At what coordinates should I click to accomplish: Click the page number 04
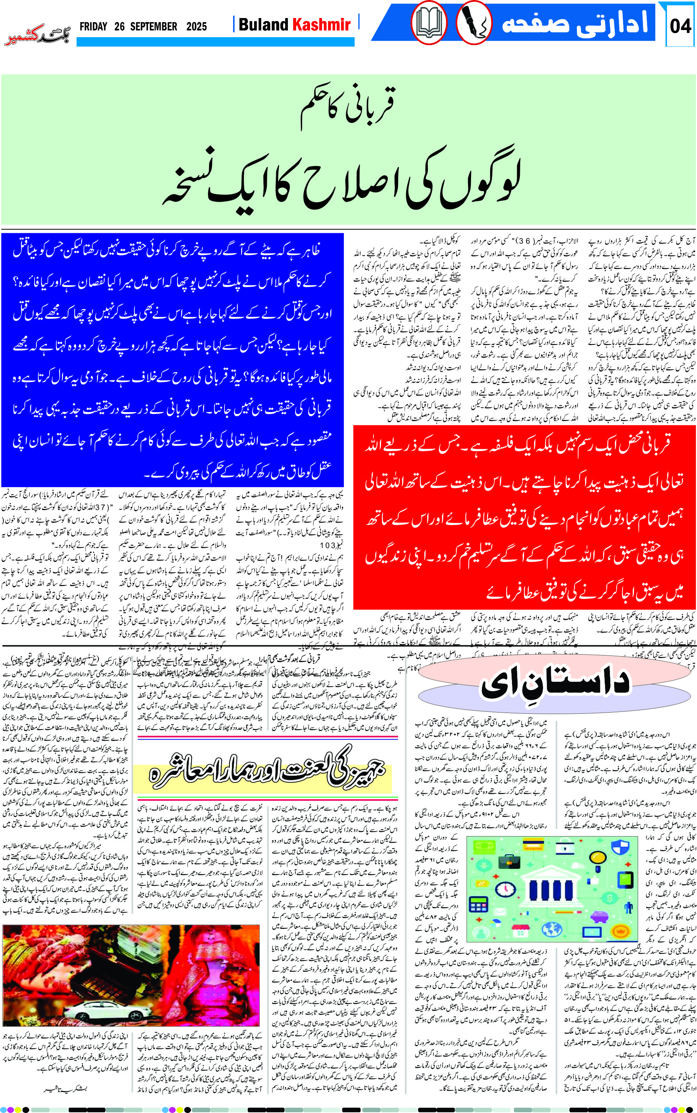point(680,26)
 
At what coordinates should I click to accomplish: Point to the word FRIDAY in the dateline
point(93,27)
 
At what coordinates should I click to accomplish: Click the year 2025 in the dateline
point(196,27)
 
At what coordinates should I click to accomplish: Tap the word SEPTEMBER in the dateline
point(154,27)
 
